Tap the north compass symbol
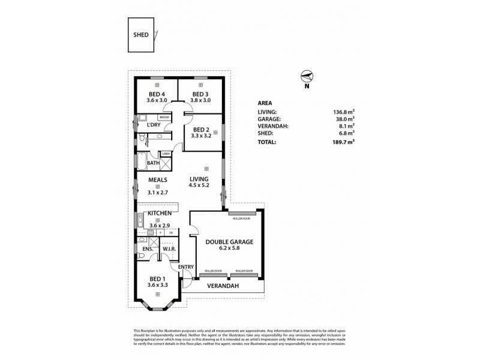click(307, 77)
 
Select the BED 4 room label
click(157, 94)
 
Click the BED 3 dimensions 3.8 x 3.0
click(200, 101)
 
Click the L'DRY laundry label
click(154, 125)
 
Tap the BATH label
click(153, 163)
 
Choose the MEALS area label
click(158, 179)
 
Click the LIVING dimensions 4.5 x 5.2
click(199, 186)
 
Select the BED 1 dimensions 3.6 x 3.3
click(158, 284)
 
